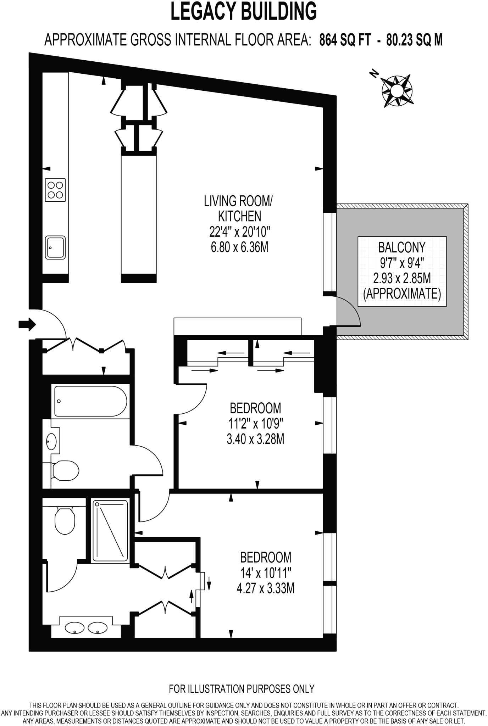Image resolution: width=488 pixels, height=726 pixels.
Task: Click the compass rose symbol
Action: pyautogui.click(x=396, y=90)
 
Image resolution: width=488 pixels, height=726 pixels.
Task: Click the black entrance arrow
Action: pyautogui.click(x=27, y=324)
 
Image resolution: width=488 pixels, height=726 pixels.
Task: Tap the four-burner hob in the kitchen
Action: pyautogui.click(x=55, y=190)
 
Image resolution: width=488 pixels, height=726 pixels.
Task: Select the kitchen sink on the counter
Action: pyautogui.click(x=55, y=247)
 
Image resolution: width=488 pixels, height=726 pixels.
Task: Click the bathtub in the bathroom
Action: pyautogui.click(x=90, y=401)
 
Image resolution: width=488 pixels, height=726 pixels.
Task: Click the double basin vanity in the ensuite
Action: pyautogui.click(x=86, y=628)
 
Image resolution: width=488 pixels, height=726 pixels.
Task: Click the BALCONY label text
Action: pyautogui.click(x=402, y=247)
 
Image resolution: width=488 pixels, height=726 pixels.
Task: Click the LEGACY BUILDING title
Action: pyautogui.click(x=244, y=11)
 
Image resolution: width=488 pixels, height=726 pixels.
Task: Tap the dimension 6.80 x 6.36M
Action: pyautogui.click(x=239, y=247)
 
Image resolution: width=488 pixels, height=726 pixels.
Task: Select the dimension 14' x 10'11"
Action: pyautogui.click(x=265, y=573)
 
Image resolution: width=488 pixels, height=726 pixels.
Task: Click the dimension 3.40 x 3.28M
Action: pyautogui.click(x=255, y=440)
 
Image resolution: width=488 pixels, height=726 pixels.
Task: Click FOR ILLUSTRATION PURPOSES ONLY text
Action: pyautogui.click(x=242, y=688)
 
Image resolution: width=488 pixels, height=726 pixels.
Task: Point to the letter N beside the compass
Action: pyautogui.click(x=373, y=73)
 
